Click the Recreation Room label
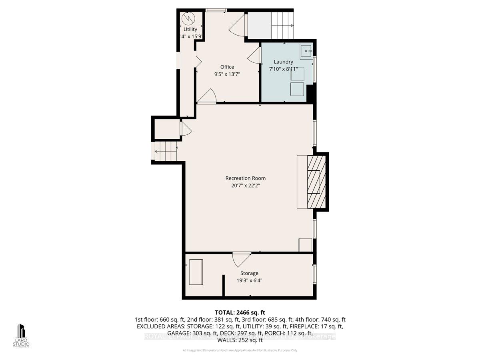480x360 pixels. (245, 178)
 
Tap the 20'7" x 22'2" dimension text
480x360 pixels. (245, 186)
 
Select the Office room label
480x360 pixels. (227, 67)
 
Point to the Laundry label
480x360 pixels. (283, 62)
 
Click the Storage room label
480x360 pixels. (249, 273)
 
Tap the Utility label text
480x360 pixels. (190, 29)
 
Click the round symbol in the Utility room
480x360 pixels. (187, 18)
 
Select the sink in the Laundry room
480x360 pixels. (307, 51)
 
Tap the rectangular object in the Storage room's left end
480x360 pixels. (196, 272)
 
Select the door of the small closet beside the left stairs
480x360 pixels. (186, 129)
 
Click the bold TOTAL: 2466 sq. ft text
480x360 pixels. (240, 312)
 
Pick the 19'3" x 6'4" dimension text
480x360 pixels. (249, 280)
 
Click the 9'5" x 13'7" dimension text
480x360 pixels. (227, 74)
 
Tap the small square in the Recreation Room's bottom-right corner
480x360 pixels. (305, 245)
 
